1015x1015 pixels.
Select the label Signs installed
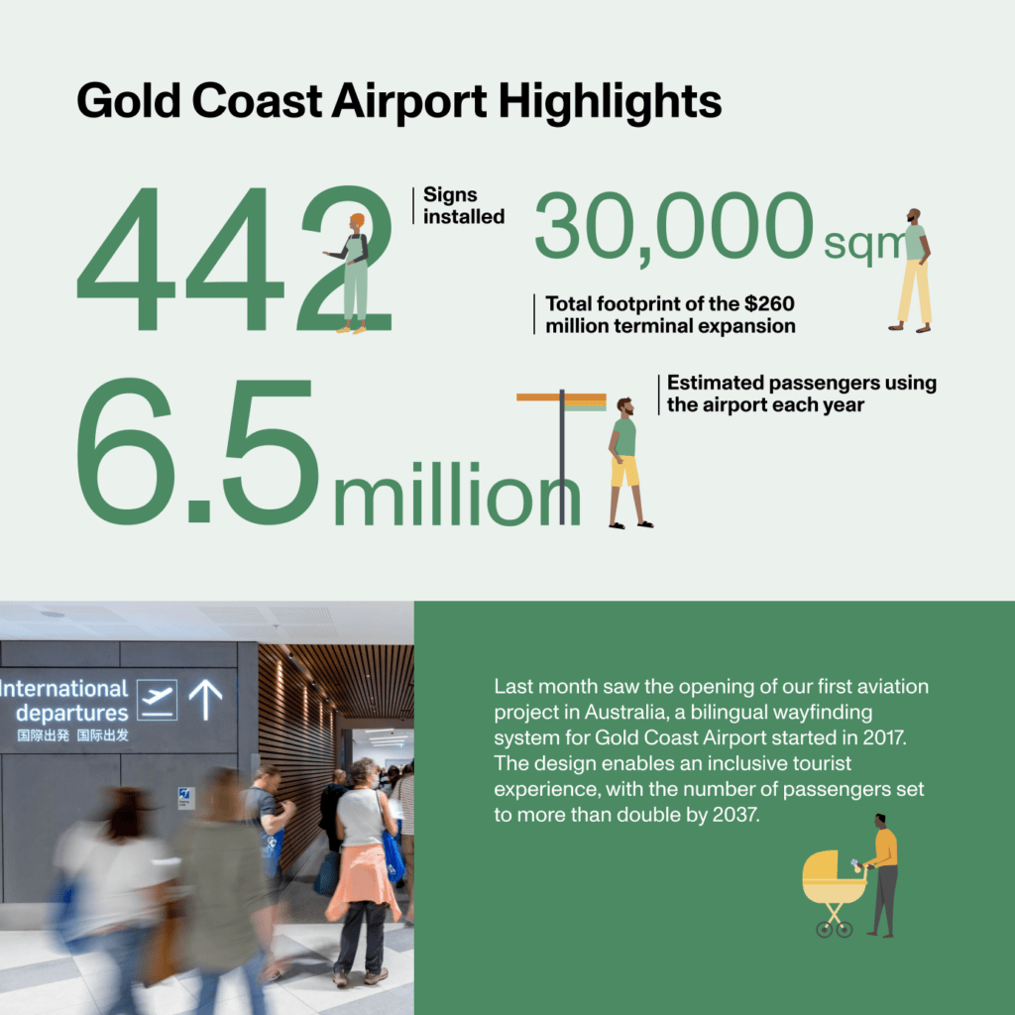coord(464,205)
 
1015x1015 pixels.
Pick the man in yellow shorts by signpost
coord(625,461)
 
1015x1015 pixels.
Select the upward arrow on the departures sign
coord(206,699)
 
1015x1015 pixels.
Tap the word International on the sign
coord(65,688)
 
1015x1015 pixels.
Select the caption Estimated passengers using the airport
coord(801,394)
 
